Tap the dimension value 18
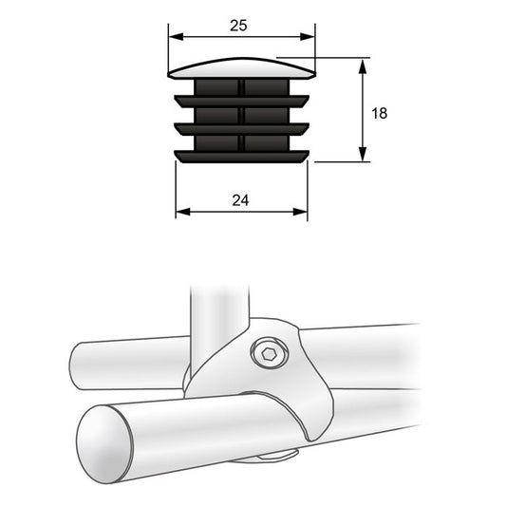pyautogui.click(x=379, y=113)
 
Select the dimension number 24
pyautogui.click(x=240, y=200)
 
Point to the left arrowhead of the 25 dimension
pyautogui.click(x=175, y=39)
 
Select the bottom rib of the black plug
pyautogui.click(x=241, y=155)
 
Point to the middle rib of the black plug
pyautogui.click(x=241, y=126)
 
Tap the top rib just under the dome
pyautogui.click(x=241, y=98)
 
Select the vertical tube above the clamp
pyautogui.click(x=217, y=318)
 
